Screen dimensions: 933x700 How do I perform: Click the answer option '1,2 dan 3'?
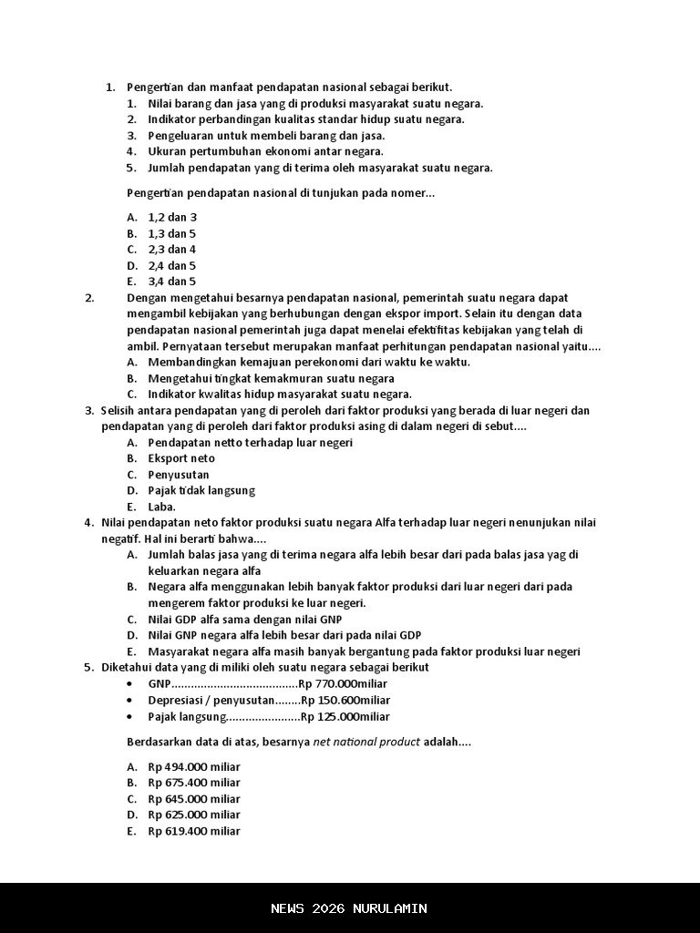(172, 218)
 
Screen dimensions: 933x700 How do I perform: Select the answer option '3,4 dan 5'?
(172, 282)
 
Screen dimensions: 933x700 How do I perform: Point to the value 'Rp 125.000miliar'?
(345, 717)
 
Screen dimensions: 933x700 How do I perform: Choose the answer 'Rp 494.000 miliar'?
(194, 767)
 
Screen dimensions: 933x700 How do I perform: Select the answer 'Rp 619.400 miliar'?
(194, 832)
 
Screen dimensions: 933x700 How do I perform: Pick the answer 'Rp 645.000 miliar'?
(194, 799)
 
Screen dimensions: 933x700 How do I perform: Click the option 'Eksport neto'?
(181, 458)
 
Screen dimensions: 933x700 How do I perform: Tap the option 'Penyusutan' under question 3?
(179, 475)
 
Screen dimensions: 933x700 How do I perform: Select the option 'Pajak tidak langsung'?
(201, 491)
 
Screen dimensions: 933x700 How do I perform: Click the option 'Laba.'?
(162, 507)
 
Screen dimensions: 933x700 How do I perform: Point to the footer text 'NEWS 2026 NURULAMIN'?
(349, 908)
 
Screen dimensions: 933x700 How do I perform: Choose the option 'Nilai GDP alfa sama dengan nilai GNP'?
(245, 620)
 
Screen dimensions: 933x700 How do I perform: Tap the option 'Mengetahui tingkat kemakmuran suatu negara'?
(271, 378)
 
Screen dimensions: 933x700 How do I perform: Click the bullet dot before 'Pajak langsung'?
(132, 717)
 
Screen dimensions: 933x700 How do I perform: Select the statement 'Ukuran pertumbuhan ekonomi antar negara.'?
(265, 151)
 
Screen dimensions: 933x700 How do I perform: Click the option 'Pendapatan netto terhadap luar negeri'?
(251, 443)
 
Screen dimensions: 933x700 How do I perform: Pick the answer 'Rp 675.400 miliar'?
(194, 783)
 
